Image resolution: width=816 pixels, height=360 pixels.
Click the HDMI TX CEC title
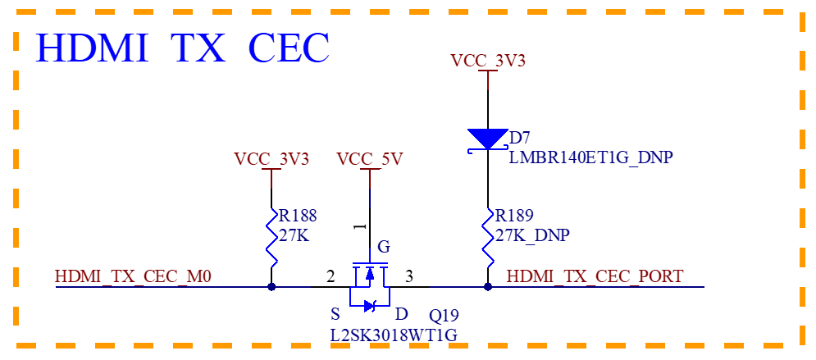pos(182,48)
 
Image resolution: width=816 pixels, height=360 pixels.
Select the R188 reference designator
pos(298,216)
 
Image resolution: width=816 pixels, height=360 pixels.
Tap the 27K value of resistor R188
pos(294,235)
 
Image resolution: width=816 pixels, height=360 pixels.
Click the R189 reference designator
pos(515,216)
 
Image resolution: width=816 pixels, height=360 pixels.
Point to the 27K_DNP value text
pos(532,235)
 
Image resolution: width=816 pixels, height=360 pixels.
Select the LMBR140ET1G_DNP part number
pos(590,157)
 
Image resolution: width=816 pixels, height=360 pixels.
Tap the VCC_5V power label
pos(370,158)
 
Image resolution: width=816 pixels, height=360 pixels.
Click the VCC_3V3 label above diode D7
pos(488,61)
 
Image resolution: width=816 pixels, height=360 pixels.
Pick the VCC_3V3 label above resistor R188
pos(271,158)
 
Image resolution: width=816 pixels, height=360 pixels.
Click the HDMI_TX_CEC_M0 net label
pos(133,276)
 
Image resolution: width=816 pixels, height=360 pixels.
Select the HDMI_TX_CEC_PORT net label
pos(595,276)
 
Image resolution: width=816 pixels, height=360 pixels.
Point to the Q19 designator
pos(444,315)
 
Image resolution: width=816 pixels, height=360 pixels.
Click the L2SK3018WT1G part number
pos(394,335)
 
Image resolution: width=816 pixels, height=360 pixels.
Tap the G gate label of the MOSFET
pos(384,246)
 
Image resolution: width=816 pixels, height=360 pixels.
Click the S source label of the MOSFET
pos(335,314)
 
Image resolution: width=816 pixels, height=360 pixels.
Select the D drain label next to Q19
pos(401,314)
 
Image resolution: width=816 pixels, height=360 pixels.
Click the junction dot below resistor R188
pos(271,287)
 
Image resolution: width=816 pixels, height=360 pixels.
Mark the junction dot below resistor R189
pos(488,287)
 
